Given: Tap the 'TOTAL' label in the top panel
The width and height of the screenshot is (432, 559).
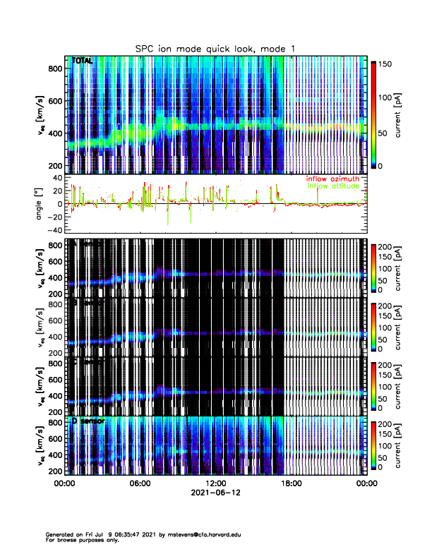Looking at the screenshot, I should point(83,61).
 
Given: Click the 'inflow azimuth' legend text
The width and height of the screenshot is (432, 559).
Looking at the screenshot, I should point(332,179).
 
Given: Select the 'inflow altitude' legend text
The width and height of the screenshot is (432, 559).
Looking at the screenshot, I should point(333,186).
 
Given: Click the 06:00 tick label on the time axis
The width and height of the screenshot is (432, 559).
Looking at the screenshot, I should point(140,483).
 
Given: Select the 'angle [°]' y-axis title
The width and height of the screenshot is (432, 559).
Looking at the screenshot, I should point(41,204).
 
